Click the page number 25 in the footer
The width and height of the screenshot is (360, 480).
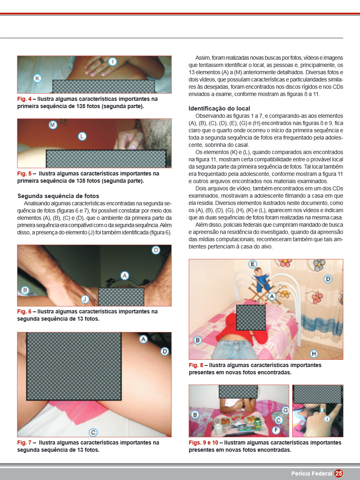[339, 474]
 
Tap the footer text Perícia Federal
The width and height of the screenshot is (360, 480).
[312, 474]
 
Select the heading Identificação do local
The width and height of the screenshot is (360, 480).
[220, 109]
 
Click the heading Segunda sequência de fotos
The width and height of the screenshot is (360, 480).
[58, 196]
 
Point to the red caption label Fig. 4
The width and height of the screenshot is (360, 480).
[24, 99]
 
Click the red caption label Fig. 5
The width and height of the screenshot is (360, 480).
[24, 173]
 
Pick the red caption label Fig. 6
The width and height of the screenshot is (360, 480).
[24, 312]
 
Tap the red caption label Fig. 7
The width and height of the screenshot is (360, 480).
[24, 442]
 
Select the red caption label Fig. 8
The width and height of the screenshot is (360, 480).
[196, 365]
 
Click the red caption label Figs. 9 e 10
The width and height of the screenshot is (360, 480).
[203, 442]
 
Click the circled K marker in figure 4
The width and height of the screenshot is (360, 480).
[38, 78]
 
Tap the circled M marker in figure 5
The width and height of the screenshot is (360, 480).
[53, 125]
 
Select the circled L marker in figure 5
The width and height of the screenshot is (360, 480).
[82, 136]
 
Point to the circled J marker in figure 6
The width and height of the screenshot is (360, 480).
[85, 299]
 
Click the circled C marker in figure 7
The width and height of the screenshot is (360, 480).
[93, 432]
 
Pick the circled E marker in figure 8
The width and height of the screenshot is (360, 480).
[253, 264]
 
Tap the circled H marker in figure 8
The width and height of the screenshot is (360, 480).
[314, 354]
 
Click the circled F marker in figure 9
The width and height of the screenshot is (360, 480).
[276, 430]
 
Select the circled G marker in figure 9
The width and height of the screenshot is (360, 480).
[285, 410]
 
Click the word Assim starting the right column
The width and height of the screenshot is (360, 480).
[203, 58]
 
